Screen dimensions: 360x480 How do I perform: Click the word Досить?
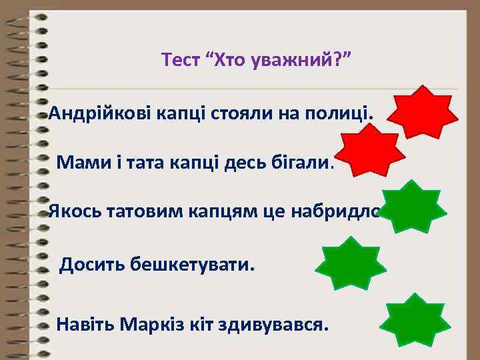(89, 266)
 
